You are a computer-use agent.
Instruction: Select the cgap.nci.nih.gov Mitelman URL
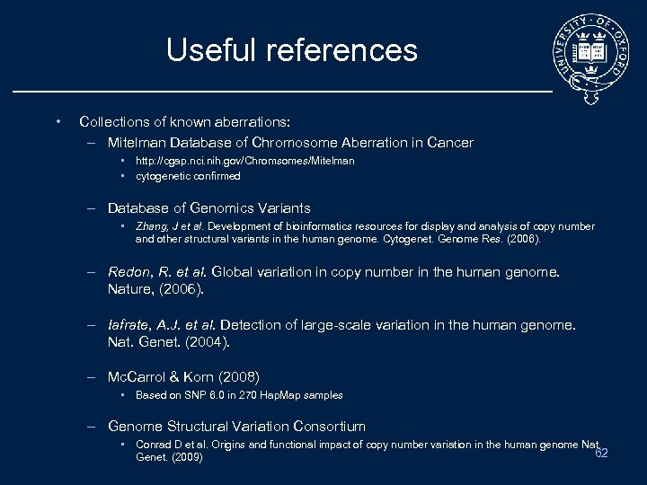(244, 161)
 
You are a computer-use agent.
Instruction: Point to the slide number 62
(601, 453)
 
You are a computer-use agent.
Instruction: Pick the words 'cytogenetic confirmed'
(188, 176)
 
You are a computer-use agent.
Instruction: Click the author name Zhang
(150, 226)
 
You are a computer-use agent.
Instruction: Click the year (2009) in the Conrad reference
(185, 457)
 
